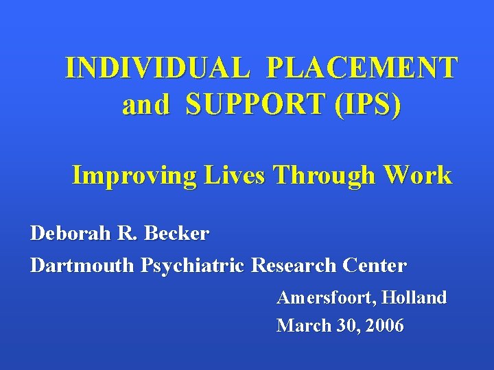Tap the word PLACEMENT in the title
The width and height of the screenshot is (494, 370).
coord(362,68)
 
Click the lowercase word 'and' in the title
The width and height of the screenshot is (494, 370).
coord(145,106)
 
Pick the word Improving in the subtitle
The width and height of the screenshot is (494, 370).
coord(134,175)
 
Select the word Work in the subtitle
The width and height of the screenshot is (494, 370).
coord(418,175)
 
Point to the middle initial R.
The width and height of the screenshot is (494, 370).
coord(126,234)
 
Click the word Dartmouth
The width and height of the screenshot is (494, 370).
coord(82,265)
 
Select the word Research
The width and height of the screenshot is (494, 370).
coord(293,265)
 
